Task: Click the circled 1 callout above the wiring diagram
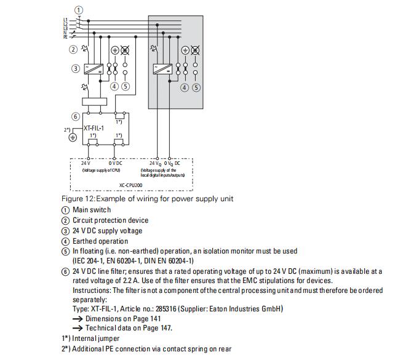click(x=78, y=10)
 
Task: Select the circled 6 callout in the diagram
click(x=76, y=116)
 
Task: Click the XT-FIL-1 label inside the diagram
click(x=94, y=129)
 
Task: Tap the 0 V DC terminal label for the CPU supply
click(x=115, y=163)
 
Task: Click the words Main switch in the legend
click(x=92, y=210)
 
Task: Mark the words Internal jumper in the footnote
click(x=96, y=338)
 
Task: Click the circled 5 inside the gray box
click(x=196, y=87)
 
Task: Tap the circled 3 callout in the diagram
click(x=76, y=68)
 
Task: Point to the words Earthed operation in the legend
click(x=100, y=241)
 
